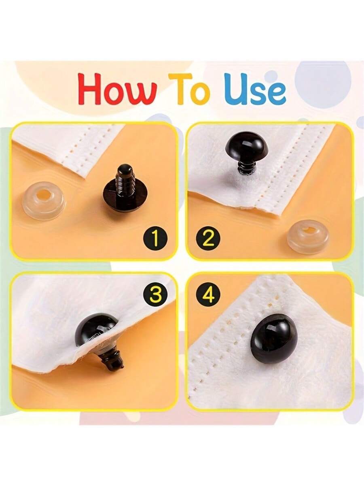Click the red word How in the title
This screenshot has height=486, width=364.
click(117, 90)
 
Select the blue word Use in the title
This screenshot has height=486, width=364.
click(255, 90)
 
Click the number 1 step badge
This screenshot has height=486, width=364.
click(156, 239)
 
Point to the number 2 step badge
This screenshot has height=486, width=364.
click(208, 239)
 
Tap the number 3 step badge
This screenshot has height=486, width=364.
click(155, 294)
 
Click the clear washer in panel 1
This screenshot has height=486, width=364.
click(44, 200)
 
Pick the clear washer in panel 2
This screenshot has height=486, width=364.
click(308, 237)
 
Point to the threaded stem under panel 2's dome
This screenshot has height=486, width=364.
click(245, 167)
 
